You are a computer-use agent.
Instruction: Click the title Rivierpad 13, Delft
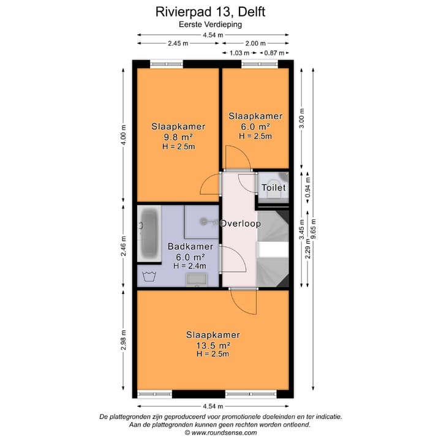pyautogui.click(x=211, y=11)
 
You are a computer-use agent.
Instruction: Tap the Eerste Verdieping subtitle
pyautogui.click(x=211, y=24)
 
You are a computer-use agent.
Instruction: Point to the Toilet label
pyautogui.click(x=273, y=187)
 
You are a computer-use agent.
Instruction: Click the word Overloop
pyautogui.click(x=241, y=224)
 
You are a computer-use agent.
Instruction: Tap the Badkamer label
pyautogui.click(x=190, y=247)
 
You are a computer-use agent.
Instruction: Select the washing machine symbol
pyautogui.click(x=148, y=277)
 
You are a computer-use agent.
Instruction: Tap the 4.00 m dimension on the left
pyautogui.click(x=124, y=135)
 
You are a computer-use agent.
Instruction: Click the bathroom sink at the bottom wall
pyautogui.click(x=197, y=280)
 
